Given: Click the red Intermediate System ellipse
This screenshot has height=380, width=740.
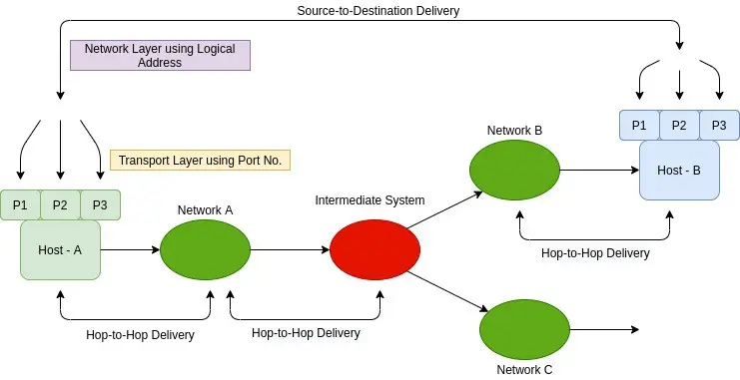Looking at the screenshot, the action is tap(374, 250).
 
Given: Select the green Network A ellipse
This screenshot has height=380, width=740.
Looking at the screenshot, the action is tap(206, 250).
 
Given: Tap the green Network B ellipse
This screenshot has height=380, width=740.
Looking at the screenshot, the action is tap(515, 171).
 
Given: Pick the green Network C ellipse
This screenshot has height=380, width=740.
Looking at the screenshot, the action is tap(525, 329).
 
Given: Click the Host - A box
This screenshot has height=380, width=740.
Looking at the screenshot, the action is tap(60, 250).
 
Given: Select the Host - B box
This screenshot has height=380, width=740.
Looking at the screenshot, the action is tap(680, 171).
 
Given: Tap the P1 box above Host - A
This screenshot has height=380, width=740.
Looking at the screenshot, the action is tap(20, 205).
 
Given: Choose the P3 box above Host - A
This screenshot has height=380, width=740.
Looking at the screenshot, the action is tap(100, 205).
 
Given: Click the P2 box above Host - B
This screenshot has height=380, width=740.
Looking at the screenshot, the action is tap(679, 126).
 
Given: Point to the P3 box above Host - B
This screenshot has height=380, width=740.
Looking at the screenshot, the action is tap(719, 126).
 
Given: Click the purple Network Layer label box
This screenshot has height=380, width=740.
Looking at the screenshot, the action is tap(160, 55).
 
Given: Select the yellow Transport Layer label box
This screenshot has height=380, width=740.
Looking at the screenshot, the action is tap(200, 161).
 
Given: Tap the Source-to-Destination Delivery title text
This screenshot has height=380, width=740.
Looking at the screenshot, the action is tap(378, 11).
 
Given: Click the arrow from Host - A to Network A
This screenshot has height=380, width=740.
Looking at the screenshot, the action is tap(130, 250).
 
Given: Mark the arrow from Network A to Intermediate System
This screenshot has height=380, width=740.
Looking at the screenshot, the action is tap(291, 250).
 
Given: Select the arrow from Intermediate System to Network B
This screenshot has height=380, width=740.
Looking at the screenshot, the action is tap(445, 209).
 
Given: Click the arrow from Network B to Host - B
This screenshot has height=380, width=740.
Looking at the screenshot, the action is tap(600, 171).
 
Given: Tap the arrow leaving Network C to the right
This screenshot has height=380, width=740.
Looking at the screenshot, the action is tap(604, 329).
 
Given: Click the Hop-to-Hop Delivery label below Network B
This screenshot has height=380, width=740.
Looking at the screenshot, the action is tap(595, 253).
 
